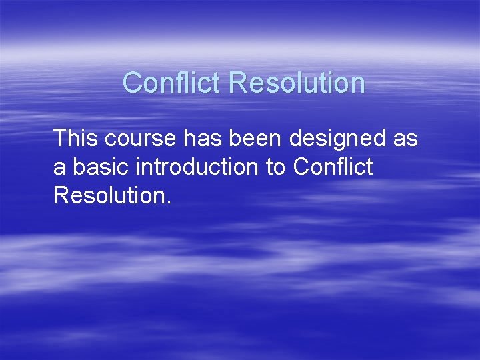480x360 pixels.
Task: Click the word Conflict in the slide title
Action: point(172,83)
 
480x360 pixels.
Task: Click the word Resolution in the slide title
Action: point(297,83)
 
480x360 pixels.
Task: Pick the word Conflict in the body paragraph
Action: point(332,167)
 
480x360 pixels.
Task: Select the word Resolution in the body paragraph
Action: point(108,195)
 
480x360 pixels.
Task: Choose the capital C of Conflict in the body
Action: point(301,167)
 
